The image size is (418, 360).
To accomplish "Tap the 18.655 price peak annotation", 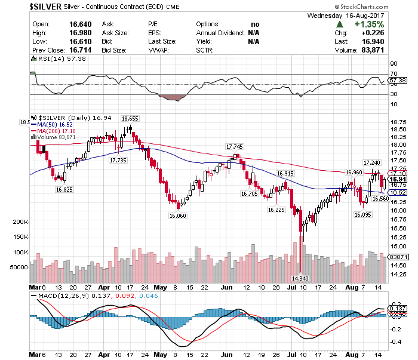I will click(x=130, y=118).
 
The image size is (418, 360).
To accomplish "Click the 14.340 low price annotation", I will click(x=300, y=278).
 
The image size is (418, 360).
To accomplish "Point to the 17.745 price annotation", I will click(x=235, y=146).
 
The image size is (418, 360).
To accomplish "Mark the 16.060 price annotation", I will click(x=178, y=216).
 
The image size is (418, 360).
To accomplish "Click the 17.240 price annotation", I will click(x=371, y=162).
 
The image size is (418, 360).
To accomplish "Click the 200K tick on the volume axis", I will click(x=21, y=221).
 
